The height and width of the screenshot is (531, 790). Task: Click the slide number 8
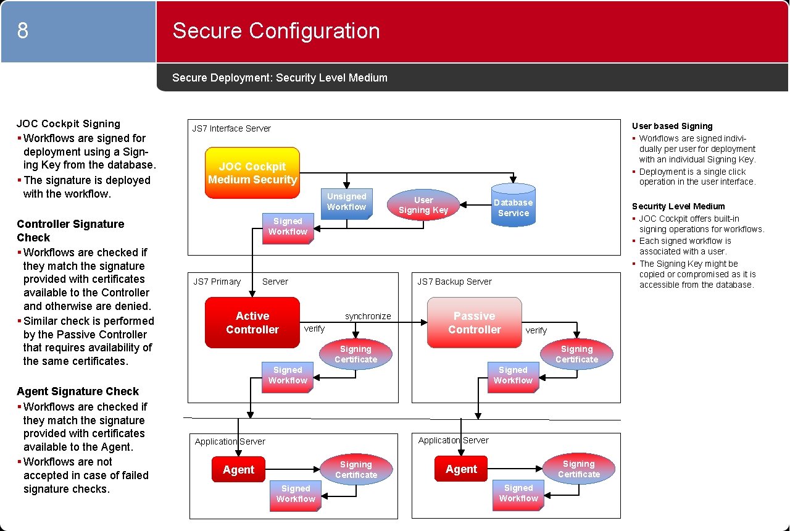click(x=23, y=30)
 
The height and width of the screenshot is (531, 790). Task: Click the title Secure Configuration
click(x=276, y=31)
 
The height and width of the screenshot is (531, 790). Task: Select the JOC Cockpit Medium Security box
click(x=252, y=173)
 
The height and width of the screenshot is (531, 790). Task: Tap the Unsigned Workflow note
click(x=346, y=203)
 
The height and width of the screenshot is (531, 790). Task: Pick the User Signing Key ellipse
click(x=423, y=205)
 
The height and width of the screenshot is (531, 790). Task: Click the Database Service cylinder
click(x=513, y=204)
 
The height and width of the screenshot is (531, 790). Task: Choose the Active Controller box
click(x=252, y=322)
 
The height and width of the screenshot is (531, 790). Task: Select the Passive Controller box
click(x=474, y=322)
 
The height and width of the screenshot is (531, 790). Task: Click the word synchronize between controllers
click(x=368, y=316)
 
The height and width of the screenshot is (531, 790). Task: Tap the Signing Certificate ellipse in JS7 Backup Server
click(x=576, y=354)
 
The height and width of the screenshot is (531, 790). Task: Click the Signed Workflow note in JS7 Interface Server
click(x=288, y=227)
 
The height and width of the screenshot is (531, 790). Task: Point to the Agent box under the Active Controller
click(x=238, y=470)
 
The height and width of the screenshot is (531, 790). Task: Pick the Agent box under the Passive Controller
click(x=461, y=469)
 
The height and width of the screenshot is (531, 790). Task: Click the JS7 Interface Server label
click(x=231, y=128)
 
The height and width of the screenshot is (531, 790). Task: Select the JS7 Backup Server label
click(x=454, y=282)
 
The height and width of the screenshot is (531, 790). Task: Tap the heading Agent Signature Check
click(x=78, y=391)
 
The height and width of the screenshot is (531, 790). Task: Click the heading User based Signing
click(x=672, y=126)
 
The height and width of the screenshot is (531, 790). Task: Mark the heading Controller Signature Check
click(x=70, y=231)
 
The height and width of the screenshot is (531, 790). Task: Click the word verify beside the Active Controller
click(x=314, y=329)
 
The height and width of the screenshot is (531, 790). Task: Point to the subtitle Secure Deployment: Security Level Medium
click(x=280, y=78)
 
